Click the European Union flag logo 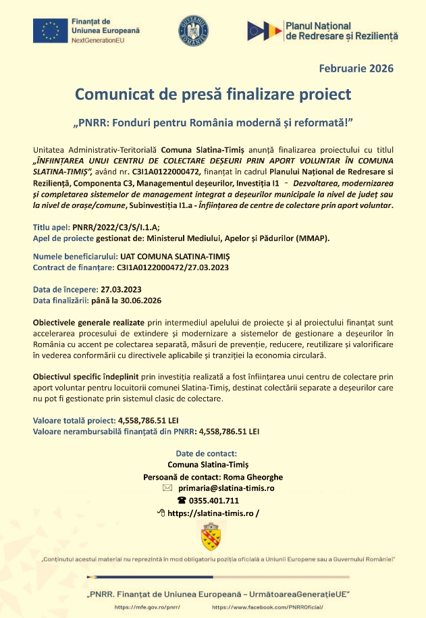49,31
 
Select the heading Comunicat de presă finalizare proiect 213,93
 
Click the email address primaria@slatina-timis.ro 226,488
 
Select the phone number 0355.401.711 214,500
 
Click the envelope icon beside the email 167,488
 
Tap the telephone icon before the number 181,500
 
